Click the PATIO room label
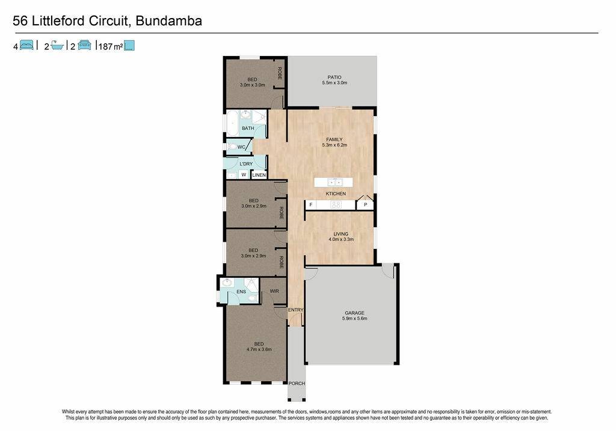click(x=334, y=78)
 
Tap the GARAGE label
click(x=354, y=313)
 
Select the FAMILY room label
click(x=334, y=139)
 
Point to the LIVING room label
click(x=340, y=234)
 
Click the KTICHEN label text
click(x=336, y=194)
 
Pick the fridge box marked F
click(x=311, y=204)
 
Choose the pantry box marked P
click(x=365, y=204)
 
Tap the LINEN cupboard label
click(x=259, y=175)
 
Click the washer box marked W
click(x=244, y=175)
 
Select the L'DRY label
click(x=246, y=164)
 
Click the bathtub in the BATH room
click(x=232, y=123)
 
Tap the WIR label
click(x=274, y=291)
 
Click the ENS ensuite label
click(x=241, y=292)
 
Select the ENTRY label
click(x=295, y=310)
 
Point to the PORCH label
click(x=297, y=383)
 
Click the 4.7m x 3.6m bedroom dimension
click(x=259, y=349)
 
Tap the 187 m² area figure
click(x=111, y=46)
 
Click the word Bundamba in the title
click(x=168, y=20)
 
